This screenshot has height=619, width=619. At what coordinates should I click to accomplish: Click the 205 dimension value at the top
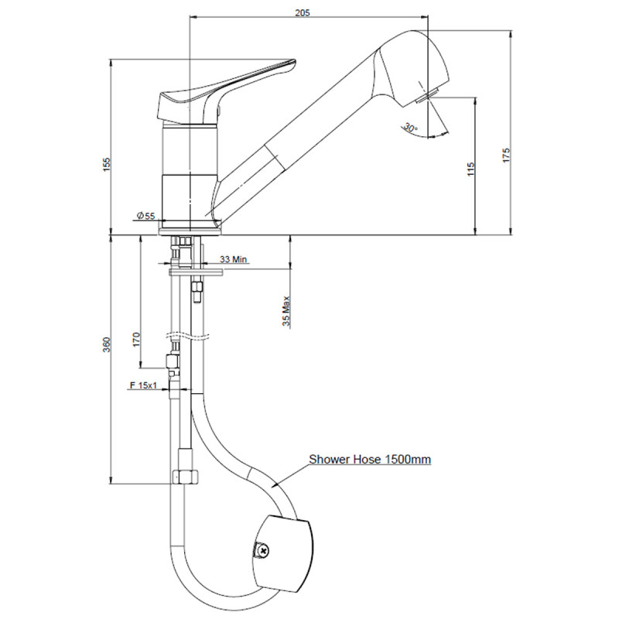coord(303,12)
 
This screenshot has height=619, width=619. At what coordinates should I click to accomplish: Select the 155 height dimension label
coord(107,165)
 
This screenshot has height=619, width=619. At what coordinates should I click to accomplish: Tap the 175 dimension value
coord(506,156)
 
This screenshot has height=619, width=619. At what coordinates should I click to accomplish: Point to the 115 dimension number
coord(470,169)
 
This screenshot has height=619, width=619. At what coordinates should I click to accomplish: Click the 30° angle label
coord(410,128)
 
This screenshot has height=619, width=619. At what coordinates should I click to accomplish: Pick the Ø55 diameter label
coord(145,216)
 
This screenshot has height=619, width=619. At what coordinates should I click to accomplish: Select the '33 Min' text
coord(234,259)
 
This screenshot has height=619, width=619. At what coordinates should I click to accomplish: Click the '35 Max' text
coord(286,311)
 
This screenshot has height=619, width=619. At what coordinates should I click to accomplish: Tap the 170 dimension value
coord(137,340)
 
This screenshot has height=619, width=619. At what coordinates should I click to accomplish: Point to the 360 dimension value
coord(107,345)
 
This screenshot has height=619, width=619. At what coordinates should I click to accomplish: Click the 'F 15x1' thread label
coord(143,385)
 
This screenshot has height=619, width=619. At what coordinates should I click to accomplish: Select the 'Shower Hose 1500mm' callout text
coord(370,459)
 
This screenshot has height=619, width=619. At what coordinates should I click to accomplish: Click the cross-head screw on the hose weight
coord(262,549)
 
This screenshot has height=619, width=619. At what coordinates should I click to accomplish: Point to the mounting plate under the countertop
coord(197,272)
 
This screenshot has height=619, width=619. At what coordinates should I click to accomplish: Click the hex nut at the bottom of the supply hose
coord(185,477)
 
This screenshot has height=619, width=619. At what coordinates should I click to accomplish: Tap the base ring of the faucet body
coord(190,231)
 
